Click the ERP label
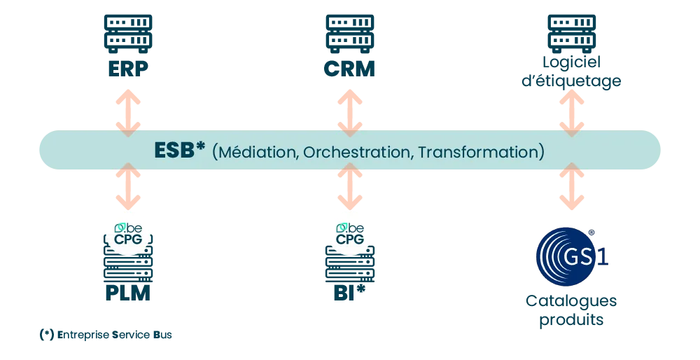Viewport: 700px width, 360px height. click(128, 69)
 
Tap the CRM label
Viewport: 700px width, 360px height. click(349, 69)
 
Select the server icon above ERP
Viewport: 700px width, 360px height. click(128, 34)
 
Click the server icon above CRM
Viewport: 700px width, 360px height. click(349, 34)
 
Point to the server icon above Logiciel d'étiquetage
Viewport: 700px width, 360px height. click(571, 34)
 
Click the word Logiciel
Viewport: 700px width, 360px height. click(571, 62)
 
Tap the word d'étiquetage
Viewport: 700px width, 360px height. click(571, 81)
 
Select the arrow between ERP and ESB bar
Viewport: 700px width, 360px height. click(128, 113)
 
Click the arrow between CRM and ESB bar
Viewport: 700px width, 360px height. click(349, 113)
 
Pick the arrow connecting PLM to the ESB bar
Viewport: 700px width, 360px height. click(128, 186)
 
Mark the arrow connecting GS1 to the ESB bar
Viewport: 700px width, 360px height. click(571, 186)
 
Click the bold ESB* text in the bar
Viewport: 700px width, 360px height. click(179, 150)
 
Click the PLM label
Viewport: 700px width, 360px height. click(127, 293)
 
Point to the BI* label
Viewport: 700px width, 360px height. click(349, 292)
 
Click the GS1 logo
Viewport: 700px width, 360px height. click(572, 257)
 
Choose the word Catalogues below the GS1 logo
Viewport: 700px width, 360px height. click(571, 301)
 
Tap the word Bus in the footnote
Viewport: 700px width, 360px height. click(162, 335)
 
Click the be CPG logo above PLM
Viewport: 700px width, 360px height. click(128, 234)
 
